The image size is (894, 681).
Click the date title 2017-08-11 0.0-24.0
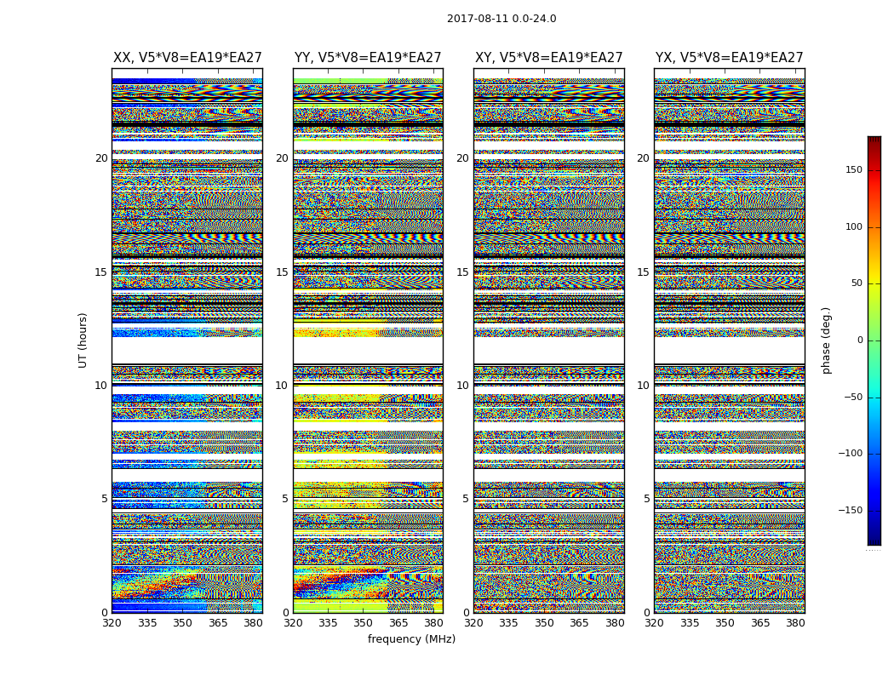tap(501, 19)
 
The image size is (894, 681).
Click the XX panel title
tap(187, 58)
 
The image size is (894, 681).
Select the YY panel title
tap(368, 58)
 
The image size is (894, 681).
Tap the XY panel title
tap(548, 58)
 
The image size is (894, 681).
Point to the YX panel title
tap(729, 58)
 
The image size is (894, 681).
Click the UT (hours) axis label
tap(83, 340)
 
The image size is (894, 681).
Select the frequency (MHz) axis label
tap(411, 639)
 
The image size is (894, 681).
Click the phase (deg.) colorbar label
tap(826, 340)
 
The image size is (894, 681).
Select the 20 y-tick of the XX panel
tap(101, 158)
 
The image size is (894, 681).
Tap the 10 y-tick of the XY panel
tap(462, 386)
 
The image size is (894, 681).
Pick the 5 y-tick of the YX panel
tap(646, 499)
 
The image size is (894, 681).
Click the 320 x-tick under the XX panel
tap(112, 622)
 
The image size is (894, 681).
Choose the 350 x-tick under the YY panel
tap(363, 622)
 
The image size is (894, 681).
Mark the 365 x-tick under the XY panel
tap(579, 622)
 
